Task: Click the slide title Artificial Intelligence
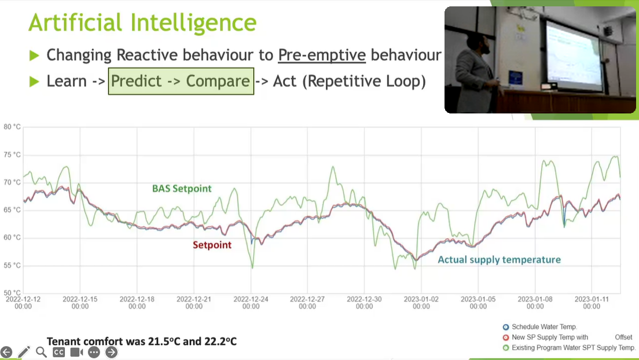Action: click(142, 23)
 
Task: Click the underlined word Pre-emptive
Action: click(322, 55)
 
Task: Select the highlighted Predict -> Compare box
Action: click(181, 81)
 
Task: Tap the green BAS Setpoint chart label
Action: click(182, 188)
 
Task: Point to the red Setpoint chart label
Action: click(212, 245)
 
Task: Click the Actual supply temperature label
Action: click(499, 260)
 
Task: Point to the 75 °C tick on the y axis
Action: click(12, 155)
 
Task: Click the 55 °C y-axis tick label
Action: click(12, 266)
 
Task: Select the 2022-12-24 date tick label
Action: click(251, 303)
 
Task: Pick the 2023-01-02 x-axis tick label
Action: click(421, 303)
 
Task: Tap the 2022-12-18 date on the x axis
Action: click(137, 303)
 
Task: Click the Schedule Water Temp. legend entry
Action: click(540, 327)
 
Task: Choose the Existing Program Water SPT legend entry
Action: click(569, 348)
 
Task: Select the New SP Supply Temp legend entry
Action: click(567, 337)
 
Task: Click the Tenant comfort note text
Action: click(141, 341)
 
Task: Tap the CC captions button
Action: click(58, 352)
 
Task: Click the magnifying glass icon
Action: click(41, 352)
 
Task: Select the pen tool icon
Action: click(24, 352)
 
